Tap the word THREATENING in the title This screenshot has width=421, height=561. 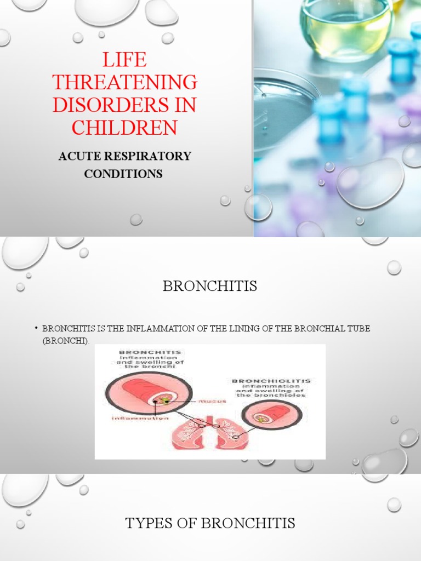point(124,82)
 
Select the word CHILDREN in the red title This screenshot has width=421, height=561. point(124,128)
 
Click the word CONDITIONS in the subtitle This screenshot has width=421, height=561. point(123,174)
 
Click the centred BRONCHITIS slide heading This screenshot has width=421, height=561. point(210,287)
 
